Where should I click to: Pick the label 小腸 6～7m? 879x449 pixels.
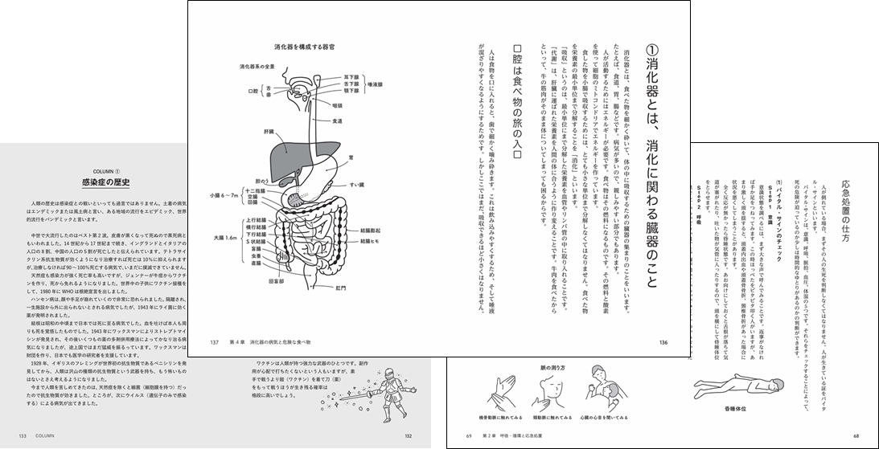click(223, 194)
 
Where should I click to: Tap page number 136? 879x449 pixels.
click(663, 342)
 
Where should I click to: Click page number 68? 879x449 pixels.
click(856, 436)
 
